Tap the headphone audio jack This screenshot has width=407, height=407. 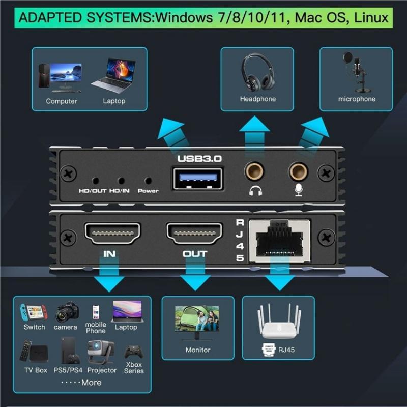click(x=254, y=171)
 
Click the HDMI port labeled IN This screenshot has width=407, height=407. click(x=112, y=234)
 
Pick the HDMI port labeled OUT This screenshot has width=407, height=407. click(x=194, y=234)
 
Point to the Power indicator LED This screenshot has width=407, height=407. click(x=148, y=181)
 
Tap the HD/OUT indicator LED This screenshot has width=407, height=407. click(x=95, y=181)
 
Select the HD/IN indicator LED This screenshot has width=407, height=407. click(x=121, y=181)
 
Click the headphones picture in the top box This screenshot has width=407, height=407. click(x=257, y=72)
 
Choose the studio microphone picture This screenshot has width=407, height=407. click(x=356, y=71)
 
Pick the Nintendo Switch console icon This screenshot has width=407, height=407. click(x=34, y=312)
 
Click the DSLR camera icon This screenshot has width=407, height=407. click(x=67, y=312)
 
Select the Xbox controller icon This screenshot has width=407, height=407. click(x=133, y=352)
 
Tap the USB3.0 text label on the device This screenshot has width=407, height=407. click(x=199, y=159)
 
